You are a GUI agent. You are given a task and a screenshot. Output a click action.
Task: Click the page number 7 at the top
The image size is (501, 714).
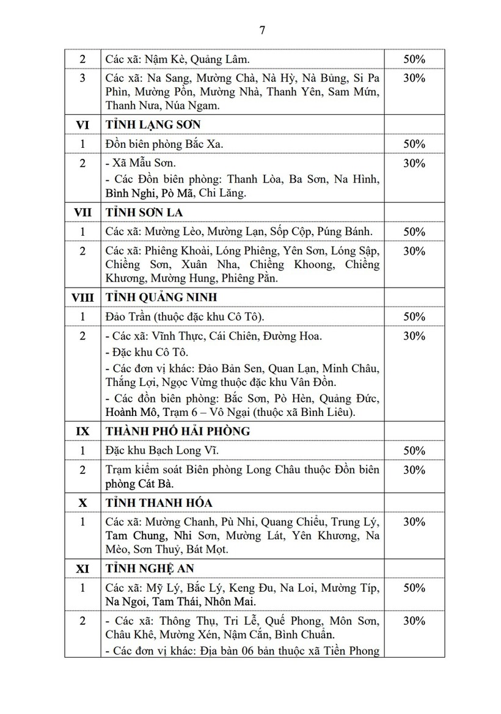click(x=262, y=31)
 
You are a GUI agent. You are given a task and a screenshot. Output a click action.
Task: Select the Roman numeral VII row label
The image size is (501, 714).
click(x=82, y=213)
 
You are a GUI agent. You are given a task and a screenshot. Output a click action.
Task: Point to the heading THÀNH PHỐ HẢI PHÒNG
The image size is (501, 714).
click(x=178, y=431)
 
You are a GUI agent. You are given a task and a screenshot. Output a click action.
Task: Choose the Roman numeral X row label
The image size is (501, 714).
click(x=82, y=502)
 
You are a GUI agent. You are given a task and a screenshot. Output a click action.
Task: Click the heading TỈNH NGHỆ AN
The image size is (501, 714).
click(x=150, y=568)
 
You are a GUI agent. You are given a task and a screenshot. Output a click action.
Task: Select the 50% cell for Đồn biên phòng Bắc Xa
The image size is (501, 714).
click(x=414, y=144)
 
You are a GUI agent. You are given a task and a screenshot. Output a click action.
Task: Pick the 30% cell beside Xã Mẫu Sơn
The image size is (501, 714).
click(x=414, y=163)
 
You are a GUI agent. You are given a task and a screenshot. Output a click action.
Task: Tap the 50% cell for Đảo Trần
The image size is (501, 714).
click(x=414, y=316)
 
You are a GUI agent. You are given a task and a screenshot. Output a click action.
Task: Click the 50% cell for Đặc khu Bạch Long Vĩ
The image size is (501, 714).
click(x=414, y=451)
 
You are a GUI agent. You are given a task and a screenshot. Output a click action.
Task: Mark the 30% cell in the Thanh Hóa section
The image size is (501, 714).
click(x=414, y=522)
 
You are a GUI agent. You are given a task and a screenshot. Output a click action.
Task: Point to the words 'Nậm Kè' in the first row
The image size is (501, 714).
click(x=161, y=59)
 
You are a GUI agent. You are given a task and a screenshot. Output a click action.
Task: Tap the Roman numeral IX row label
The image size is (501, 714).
click(x=82, y=431)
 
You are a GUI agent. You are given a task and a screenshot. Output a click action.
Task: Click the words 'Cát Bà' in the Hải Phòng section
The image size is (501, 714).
click(x=155, y=484)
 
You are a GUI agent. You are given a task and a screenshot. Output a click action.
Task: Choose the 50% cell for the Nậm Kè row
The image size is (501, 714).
click(x=414, y=59)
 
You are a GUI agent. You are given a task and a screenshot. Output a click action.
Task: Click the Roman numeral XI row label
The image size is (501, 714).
click(x=82, y=568)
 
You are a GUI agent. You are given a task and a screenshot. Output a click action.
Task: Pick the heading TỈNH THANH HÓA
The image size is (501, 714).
click(x=158, y=502)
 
